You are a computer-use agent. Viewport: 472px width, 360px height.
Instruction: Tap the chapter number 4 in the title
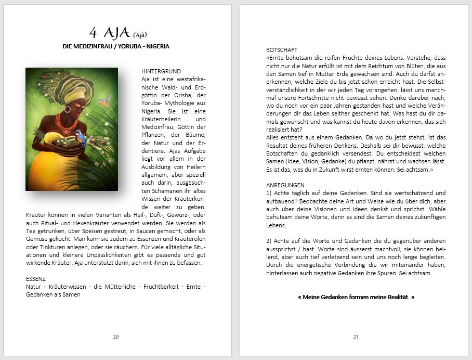pos(93,33)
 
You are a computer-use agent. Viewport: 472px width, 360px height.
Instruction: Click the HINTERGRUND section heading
pos(161,71)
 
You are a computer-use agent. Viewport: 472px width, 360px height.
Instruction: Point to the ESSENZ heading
pos(36,279)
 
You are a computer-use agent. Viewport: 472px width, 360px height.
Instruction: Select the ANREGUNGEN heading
pos(285,185)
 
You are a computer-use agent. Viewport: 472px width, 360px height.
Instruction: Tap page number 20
pos(116,337)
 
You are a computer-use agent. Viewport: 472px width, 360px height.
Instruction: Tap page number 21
pos(356,337)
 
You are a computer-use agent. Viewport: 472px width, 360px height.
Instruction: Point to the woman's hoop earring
pos(67,109)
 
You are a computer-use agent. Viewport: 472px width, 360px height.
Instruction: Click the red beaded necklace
pos(66,124)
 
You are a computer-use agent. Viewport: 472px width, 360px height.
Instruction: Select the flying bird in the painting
pos(106,100)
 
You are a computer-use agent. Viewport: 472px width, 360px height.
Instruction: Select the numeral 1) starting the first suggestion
pos(269,193)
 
